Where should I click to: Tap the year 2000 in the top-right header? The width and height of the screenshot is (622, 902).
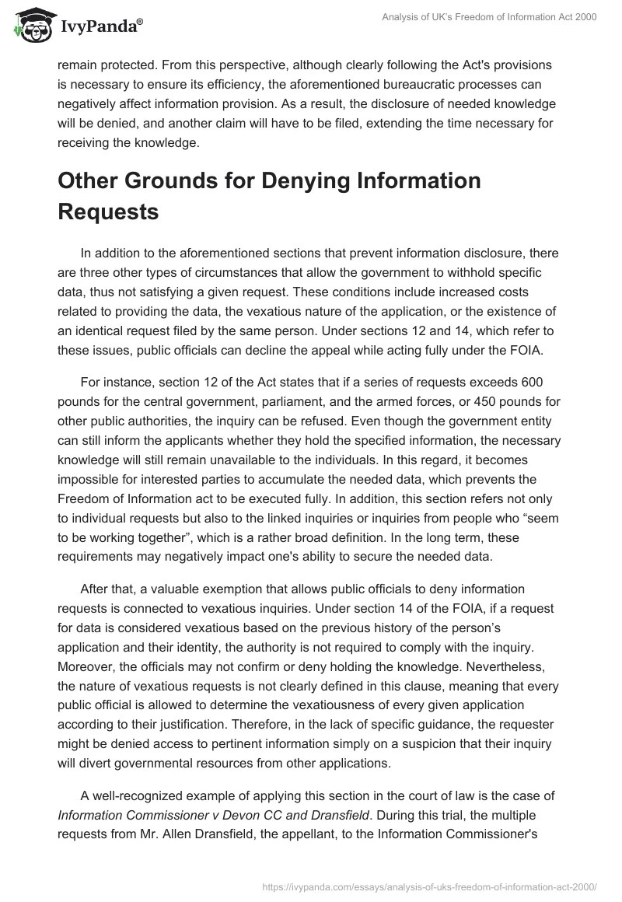point(584,18)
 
